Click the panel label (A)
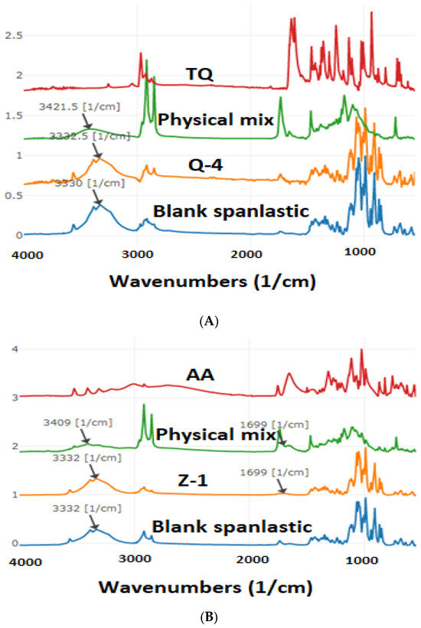[x=210, y=322]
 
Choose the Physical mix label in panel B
[x=215, y=435]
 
